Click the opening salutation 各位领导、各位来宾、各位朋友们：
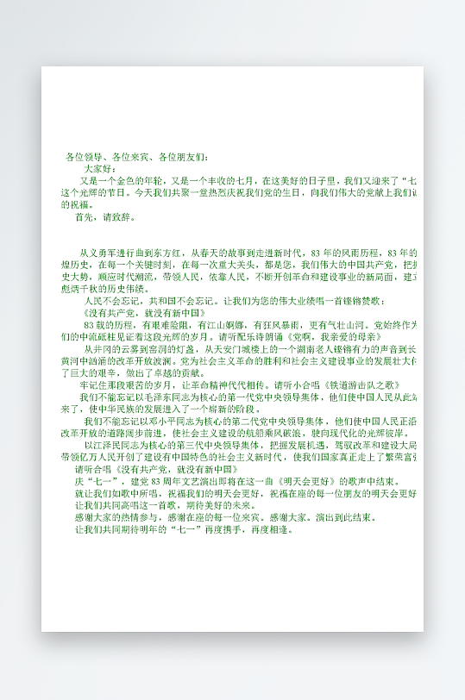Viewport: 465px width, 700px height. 137,158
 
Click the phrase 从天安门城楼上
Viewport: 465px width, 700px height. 241,349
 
